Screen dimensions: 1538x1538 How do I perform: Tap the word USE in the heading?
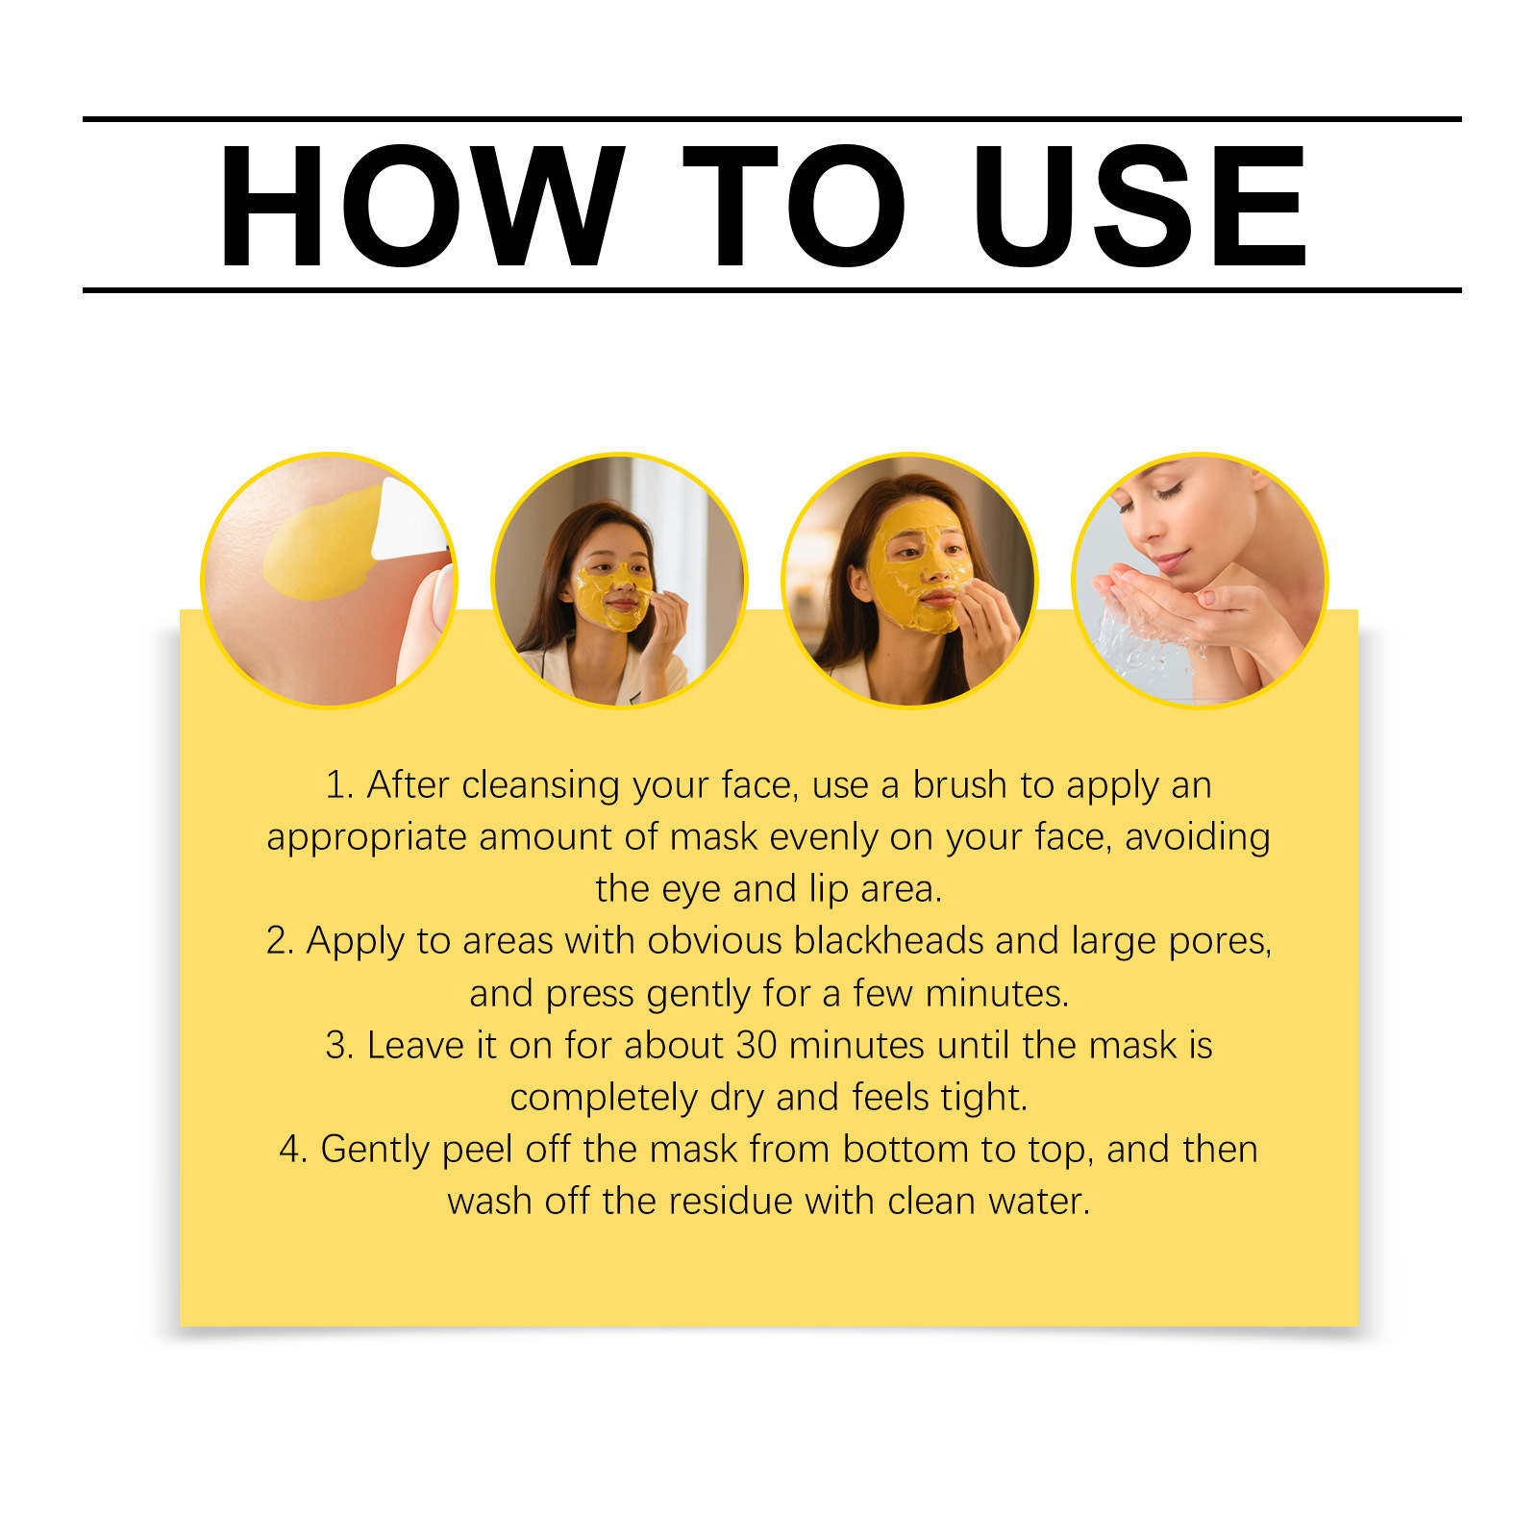[1139, 206]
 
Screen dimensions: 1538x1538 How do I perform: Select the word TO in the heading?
[794, 206]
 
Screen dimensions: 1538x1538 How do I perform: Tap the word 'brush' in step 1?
[960, 785]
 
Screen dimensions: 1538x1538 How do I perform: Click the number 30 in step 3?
[757, 1045]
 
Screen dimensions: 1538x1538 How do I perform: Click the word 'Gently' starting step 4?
[375, 1151]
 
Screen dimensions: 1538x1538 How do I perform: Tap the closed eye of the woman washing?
[1170, 492]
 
